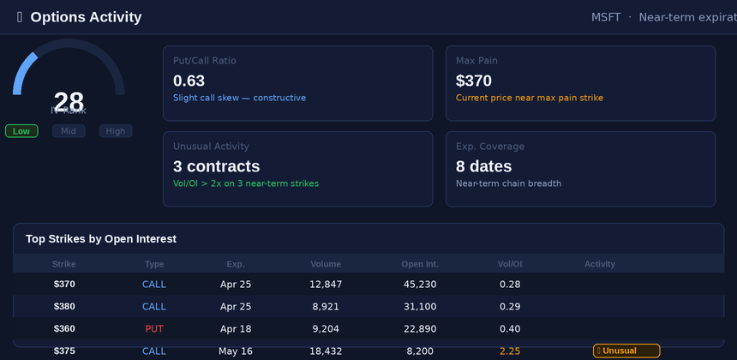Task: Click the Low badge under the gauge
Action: pos(21,131)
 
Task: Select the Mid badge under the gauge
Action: pos(69,131)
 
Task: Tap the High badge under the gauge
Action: pos(116,131)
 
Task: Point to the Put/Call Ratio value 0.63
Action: pos(189,81)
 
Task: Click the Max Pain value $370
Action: pos(474,81)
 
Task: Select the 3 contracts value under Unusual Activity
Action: pos(216,166)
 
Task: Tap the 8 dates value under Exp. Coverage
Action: pos(483,166)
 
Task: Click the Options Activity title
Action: pos(86,17)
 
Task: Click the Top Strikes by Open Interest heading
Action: pos(101,239)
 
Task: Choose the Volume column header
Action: pos(326,264)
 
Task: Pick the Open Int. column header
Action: pos(420,264)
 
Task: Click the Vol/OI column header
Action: pos(510,264)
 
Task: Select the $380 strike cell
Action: pos(64,307)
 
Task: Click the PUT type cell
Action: pos(154,329)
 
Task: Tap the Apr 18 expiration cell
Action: pos(236,329)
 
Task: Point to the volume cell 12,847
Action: pos(326,285)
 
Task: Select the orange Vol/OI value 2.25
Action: pos(510,351)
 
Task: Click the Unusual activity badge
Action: pos(626,351)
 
